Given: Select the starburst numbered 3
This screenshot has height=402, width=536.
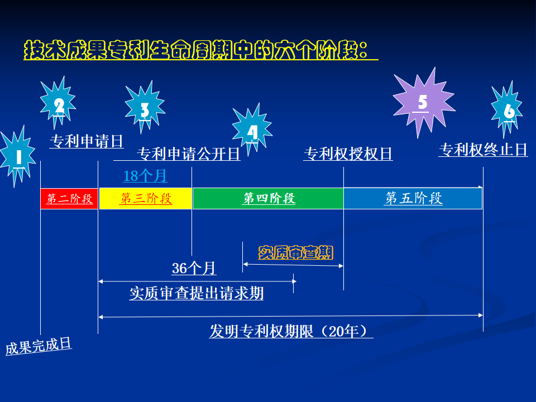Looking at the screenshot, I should (x=144, y=109).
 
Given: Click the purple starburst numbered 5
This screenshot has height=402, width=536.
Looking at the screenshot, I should (x=422, y=102).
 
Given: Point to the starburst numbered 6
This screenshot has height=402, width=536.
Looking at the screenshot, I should (x=508, y=111).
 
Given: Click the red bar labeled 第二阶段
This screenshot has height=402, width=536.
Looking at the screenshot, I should (x=69, y=199).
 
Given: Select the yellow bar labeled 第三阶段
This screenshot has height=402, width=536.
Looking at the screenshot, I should (x=146, y=199).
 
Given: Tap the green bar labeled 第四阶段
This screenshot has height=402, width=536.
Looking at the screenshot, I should (x=268, y=199).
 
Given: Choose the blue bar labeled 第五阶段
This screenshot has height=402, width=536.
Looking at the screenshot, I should (x=413, y=199).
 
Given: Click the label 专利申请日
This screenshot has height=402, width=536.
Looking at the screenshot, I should (x=87, y=141).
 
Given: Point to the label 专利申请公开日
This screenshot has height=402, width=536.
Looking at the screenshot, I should (x=188, y=154).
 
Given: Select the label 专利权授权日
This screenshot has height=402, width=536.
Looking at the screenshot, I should (x=348, y=154).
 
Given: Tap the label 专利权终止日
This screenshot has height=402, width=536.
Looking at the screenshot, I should (x=483, y=150).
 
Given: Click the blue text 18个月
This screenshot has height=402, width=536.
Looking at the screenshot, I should (x=145, y=176).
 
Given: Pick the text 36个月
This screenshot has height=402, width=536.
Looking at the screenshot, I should (x=194, y=269).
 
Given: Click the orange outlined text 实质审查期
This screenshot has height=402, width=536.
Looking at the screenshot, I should (x=295, y=253).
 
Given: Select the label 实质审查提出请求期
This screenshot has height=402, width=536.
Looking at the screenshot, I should (x=197, y=293).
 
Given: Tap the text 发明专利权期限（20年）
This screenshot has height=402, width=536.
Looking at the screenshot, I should (x=291, y=331).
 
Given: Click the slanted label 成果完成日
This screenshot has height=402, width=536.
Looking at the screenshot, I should (x=39, y=346).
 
